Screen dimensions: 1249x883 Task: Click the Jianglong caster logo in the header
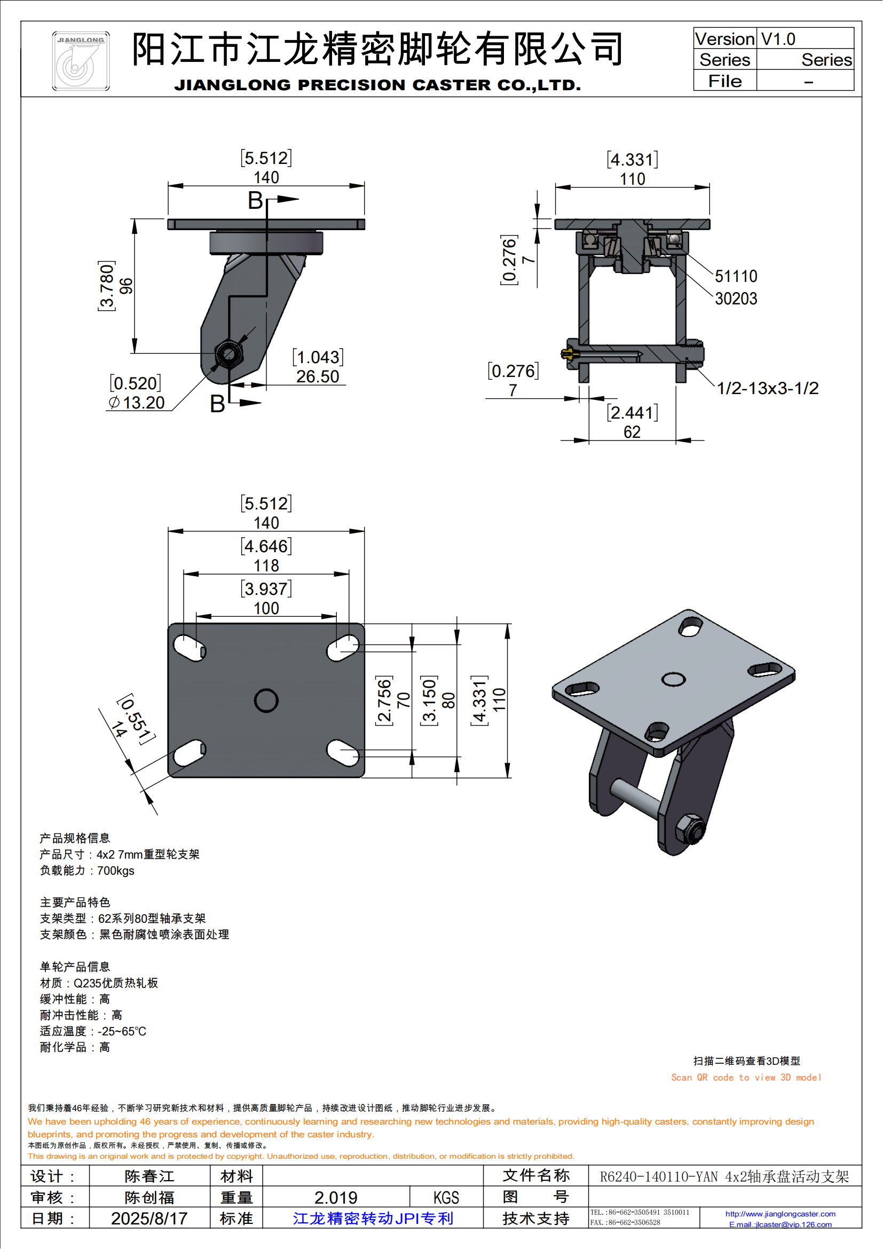(81, 61)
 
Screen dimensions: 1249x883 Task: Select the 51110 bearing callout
(736, 277)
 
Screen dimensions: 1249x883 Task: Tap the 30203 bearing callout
(736, 298)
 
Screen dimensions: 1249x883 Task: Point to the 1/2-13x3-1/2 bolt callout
(767, 388)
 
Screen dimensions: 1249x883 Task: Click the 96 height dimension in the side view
(125, 286)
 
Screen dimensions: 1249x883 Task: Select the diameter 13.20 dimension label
(137, 403)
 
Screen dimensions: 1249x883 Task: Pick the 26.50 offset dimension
(318, 376)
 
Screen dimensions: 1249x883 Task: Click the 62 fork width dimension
(632, 432)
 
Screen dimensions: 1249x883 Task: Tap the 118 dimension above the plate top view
(266, 565)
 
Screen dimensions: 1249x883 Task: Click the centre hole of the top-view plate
(266, 701)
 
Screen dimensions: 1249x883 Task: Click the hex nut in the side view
(228, 355)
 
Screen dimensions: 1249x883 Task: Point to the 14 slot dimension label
(119, 729)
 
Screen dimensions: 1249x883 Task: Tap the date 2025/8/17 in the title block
(149, 1219)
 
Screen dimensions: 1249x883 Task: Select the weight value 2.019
(335, 1197)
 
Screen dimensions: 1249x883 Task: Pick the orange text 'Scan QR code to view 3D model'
(745, 1078)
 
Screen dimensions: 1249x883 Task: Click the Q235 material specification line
(99, 983)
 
